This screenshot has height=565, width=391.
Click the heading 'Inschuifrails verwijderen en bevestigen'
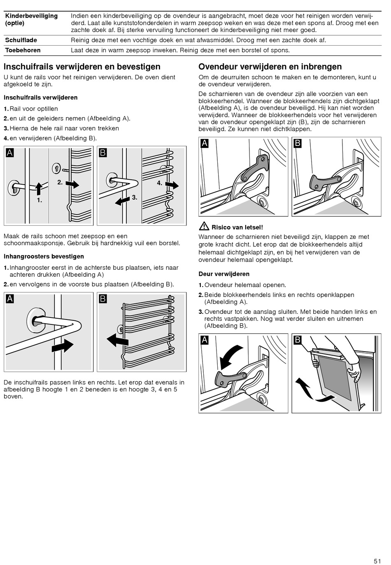tap(82, 67)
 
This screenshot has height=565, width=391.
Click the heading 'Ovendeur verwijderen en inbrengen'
tap(270, 67)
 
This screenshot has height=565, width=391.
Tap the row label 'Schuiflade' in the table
tap(21, 40)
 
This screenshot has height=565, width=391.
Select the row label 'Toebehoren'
tap(23, 50)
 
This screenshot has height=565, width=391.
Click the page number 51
tap(377, 561)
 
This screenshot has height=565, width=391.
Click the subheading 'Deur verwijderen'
tap(224, 274)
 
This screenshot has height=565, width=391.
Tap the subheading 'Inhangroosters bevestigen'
tap(44, 256)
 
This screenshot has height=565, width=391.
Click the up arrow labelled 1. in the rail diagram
tap(38, 189)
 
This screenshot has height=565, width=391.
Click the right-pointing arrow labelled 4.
tap(172, 185)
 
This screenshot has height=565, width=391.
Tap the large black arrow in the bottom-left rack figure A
tap(63, 346)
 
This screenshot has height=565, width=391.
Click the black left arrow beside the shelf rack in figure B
tap(117, 340)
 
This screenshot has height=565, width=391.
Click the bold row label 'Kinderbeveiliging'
tap(31, 16)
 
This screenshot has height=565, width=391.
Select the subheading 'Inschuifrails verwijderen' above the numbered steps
tap(40, 97)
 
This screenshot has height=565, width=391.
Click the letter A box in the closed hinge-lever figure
tap(205, 144)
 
